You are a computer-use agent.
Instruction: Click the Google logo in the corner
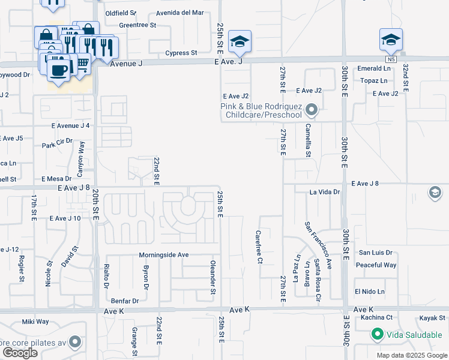(20, 353)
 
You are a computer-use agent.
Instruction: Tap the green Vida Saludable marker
(377, 334)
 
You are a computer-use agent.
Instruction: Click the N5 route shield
(391, 59)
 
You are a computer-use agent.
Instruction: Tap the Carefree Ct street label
(259, 247)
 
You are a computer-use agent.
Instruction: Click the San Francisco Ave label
(318, 245)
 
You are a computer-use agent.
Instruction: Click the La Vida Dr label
(325, 193)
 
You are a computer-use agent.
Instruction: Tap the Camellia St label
(308, 140)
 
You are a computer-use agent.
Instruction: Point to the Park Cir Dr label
(57, 145)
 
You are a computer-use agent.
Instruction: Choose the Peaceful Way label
(376, 265)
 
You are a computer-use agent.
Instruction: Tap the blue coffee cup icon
(58, 70)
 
